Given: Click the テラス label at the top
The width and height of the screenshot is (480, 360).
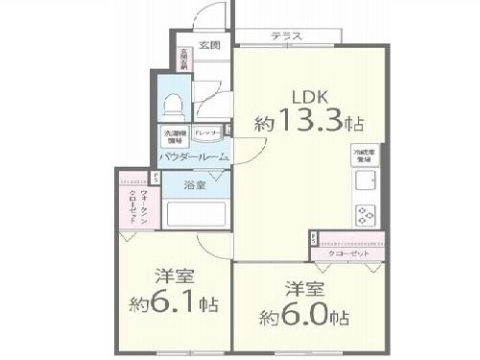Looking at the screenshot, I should click(x=286, y=36).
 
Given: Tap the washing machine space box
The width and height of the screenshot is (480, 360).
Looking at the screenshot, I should click(x=174, y=134).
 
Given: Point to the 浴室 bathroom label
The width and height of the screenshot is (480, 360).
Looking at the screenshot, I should click(x=196, y=184).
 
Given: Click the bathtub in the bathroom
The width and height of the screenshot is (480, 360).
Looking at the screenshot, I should click(x=197, y=213).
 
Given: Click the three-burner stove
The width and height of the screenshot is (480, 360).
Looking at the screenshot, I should click(x=367, y=214).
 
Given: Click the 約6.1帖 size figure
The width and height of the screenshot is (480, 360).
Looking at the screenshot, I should click(x=173, y=305).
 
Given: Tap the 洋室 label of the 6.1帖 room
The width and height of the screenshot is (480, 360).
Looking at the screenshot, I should click(x=173, y=275).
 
